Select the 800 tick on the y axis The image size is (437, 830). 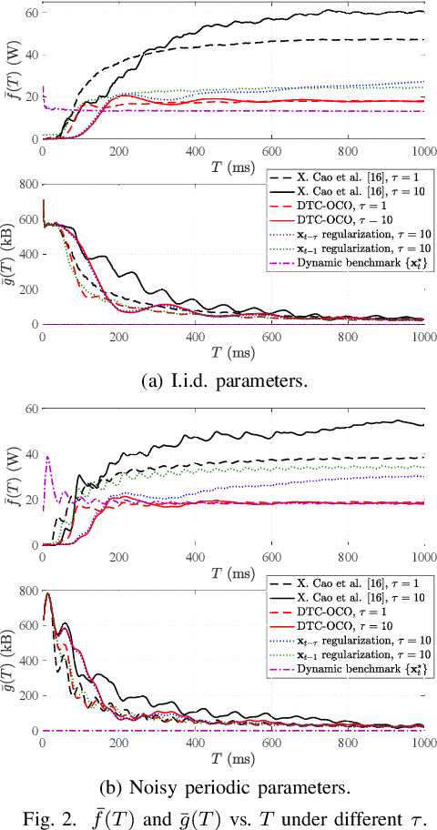tap(31, 592)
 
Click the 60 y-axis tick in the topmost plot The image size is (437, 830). tap(31, 12)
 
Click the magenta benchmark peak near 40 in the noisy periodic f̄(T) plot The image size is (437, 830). tap(46, 458)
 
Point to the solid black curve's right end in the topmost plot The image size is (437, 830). tap(424, 12)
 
